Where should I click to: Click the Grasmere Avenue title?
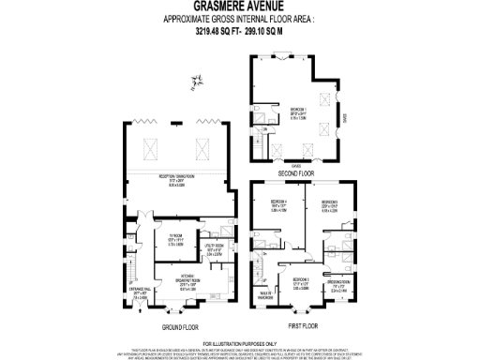click(x=239, y=7)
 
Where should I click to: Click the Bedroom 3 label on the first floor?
click(x=300, y=283)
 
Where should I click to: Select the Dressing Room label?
click(x=338, y=284)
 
